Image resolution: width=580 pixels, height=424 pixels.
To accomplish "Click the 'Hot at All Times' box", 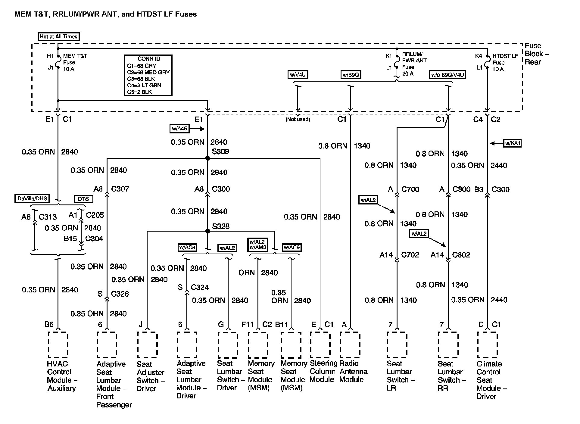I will point(59,36).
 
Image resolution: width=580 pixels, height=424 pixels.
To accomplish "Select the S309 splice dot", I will point(207,158).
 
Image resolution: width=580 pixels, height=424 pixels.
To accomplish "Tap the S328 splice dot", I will point(207,231).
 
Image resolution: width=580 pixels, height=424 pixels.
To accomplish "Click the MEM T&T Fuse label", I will point(75,62).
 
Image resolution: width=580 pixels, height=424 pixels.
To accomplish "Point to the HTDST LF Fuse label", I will point(505,63).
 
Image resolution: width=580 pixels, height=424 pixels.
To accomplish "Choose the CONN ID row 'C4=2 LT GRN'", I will point(144,85).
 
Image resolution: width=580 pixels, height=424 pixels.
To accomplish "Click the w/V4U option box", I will point(298,75).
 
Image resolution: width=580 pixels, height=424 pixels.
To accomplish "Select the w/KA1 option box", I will point(512,143).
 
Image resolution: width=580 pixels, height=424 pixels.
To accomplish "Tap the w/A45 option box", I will point(179,129).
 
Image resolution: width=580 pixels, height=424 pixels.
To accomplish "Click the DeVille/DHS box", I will point(32,198).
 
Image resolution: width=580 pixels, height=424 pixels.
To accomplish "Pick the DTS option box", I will point(83,199).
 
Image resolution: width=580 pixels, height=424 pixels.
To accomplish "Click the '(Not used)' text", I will point(298,119).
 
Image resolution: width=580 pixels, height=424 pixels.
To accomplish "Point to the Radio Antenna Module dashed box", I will point(350,344).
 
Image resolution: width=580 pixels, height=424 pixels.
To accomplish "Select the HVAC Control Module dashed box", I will point(58,345).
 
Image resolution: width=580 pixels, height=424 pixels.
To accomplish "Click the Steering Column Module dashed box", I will point(320,344).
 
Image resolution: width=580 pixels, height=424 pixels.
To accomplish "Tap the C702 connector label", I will point(410,255).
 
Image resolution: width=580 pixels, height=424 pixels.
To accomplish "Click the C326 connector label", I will point(120,294).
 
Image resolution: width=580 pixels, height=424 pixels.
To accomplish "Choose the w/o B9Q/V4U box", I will point(447,75).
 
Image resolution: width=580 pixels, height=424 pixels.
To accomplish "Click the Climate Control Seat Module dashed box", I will point(487,345).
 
